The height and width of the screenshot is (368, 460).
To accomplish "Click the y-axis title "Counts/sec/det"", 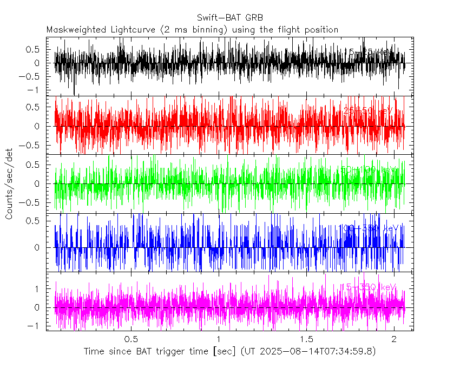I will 9,185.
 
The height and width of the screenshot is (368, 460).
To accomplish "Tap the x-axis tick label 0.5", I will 130,339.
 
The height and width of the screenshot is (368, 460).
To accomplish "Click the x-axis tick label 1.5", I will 307,339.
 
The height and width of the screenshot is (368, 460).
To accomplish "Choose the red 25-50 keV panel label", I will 369,111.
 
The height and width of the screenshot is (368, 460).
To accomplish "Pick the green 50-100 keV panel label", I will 368,169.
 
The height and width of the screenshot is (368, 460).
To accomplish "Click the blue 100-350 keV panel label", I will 368,228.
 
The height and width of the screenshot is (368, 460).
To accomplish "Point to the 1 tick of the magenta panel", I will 41,289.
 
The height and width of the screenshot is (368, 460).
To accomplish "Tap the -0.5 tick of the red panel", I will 33,145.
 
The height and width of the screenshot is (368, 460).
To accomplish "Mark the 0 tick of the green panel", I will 41,184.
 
